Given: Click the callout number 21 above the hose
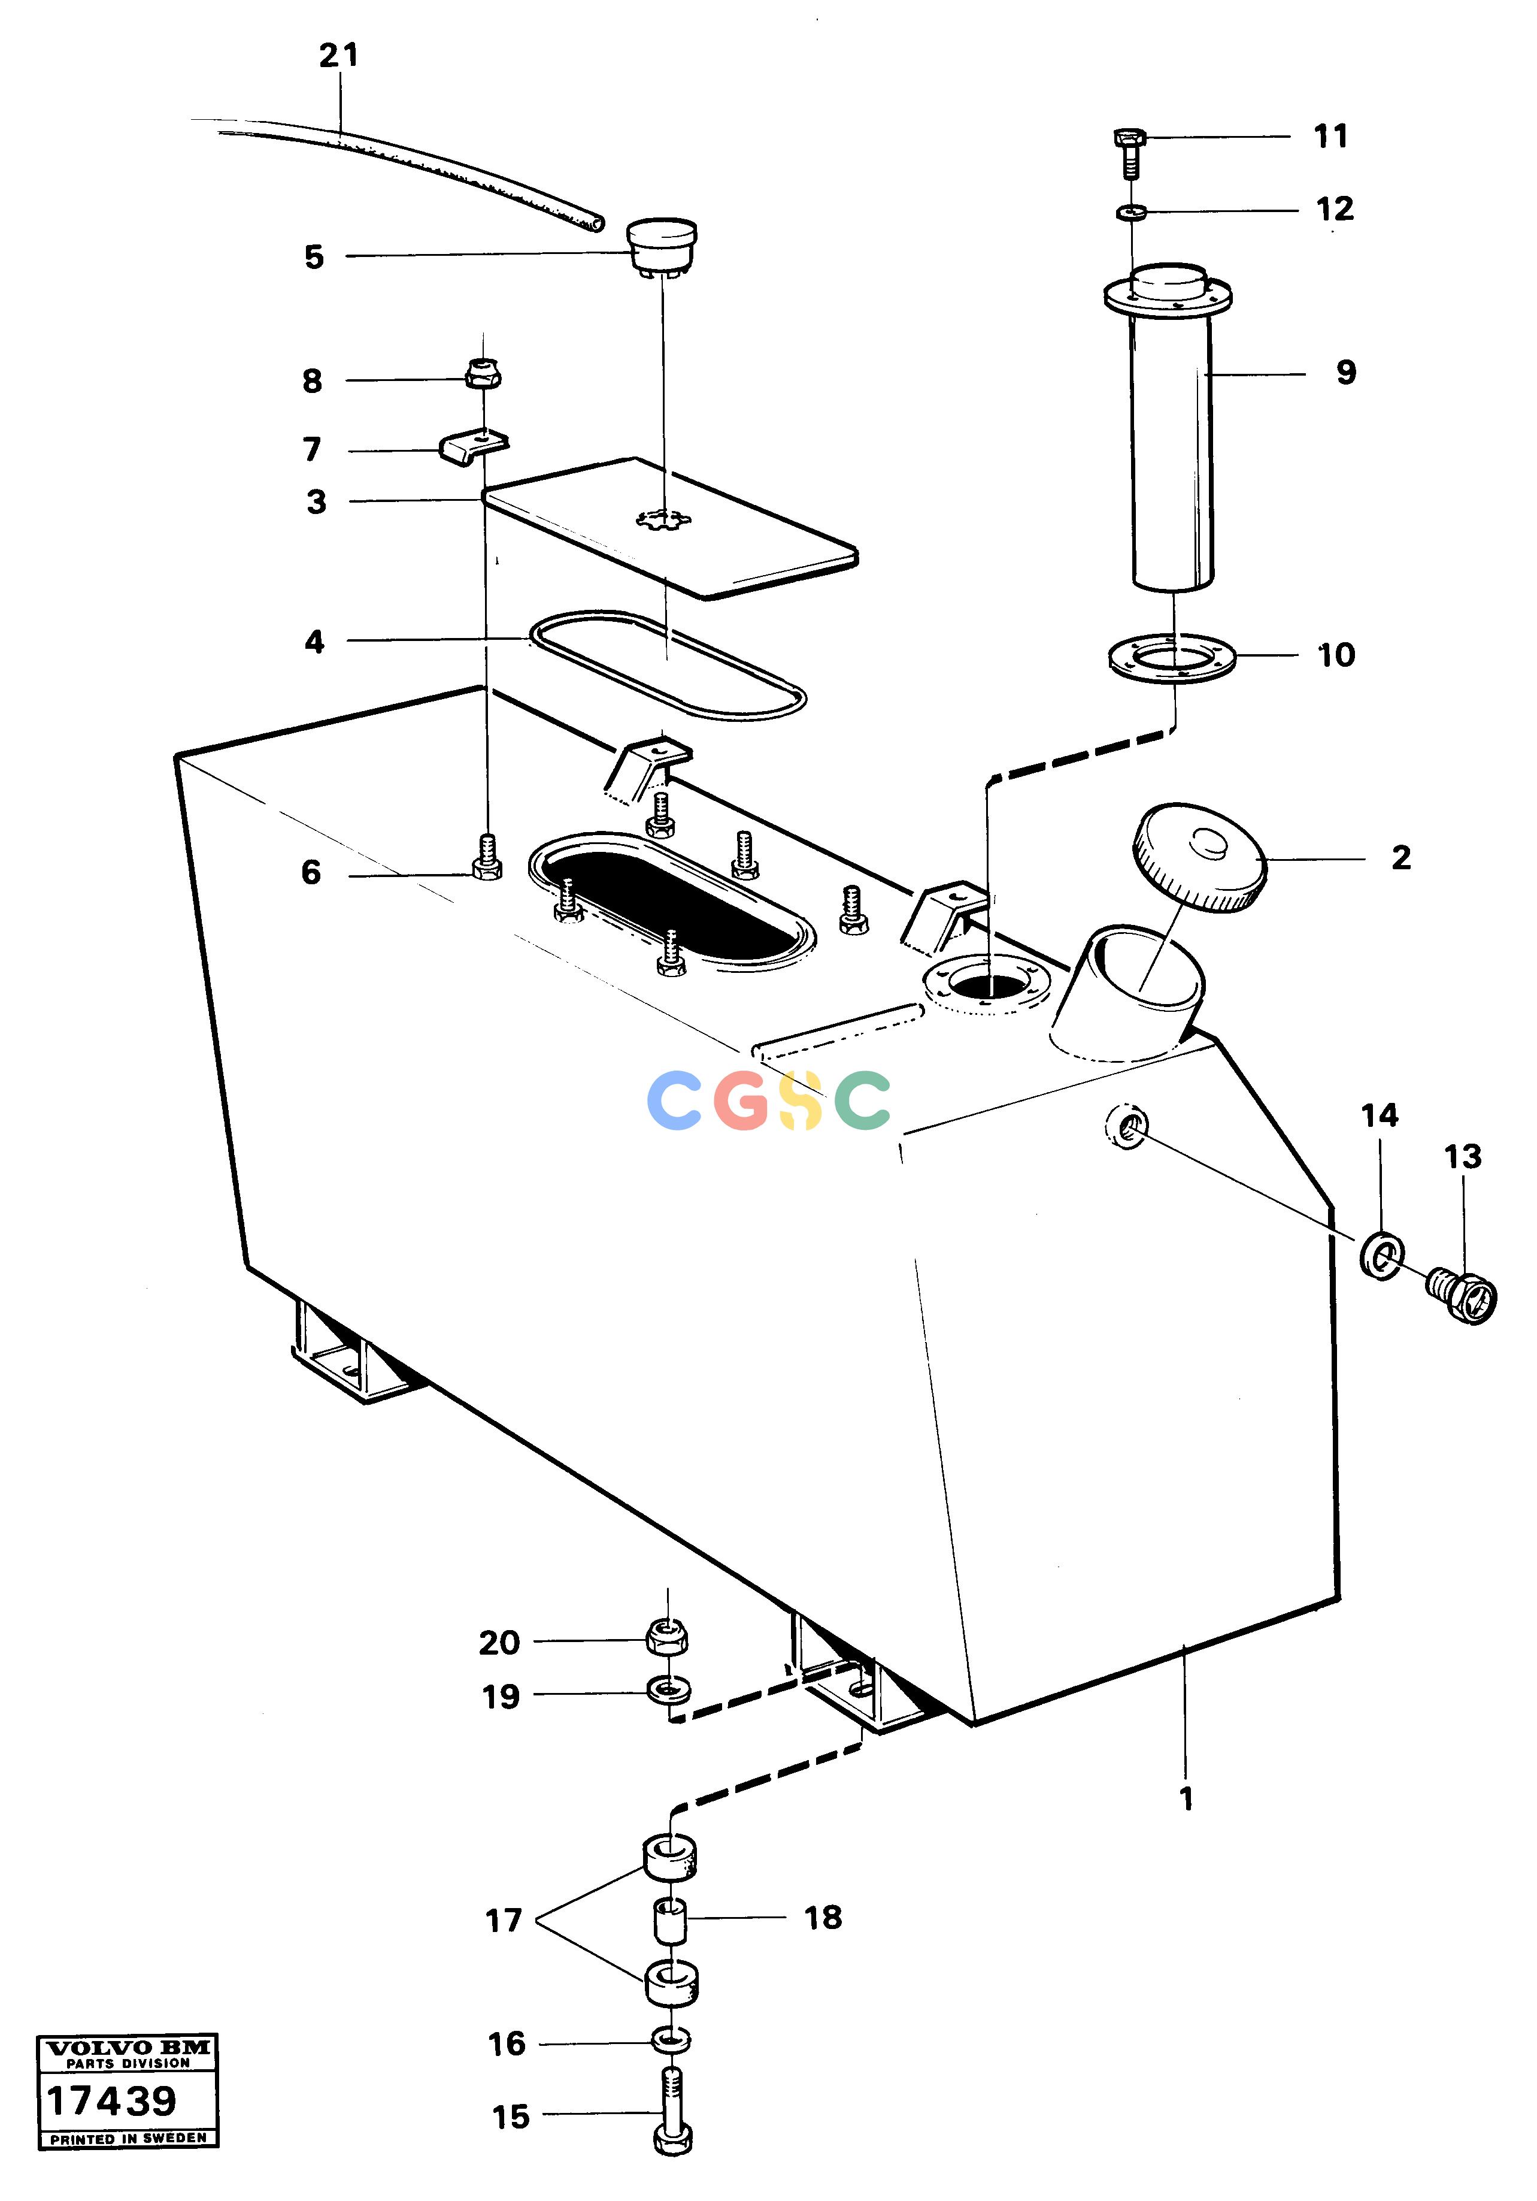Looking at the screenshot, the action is tap(338, 56).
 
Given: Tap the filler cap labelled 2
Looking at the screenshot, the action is tap(1200, 858).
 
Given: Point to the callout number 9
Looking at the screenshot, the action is tap(1347, 372).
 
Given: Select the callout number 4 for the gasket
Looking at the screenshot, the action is tap(314, 642).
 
